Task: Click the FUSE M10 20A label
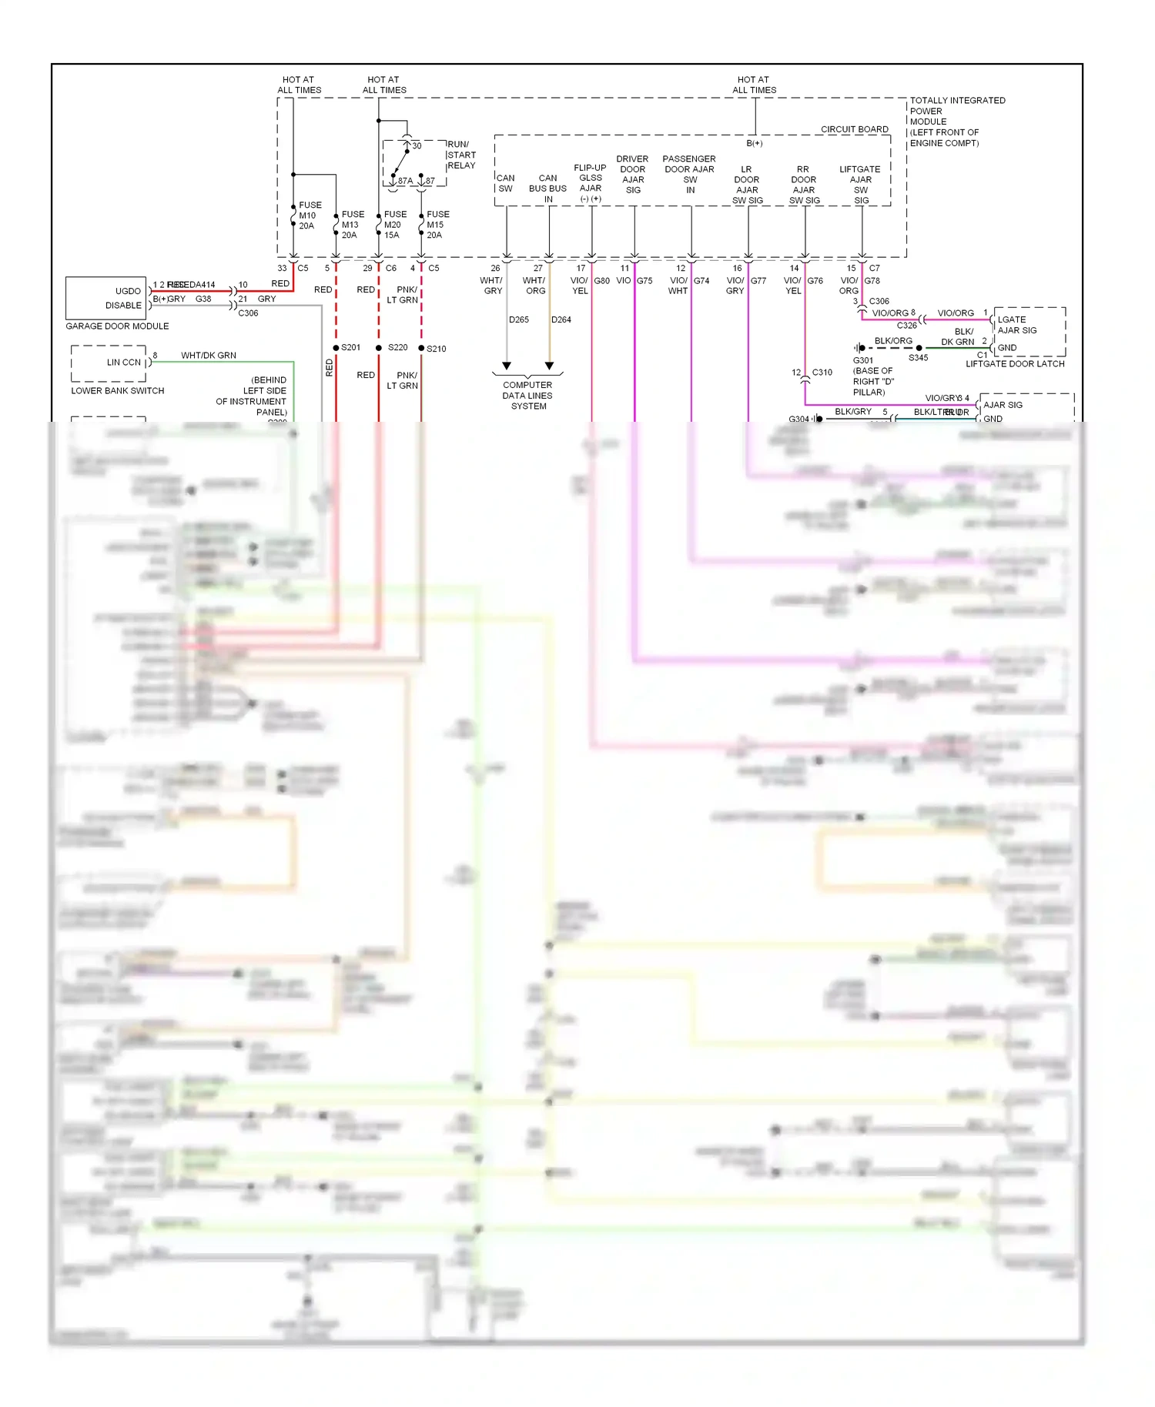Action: pyautogui.click(x=310, y=216)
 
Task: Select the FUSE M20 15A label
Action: pyautogui.click(x=394, y=225)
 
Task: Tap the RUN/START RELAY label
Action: pyautogui.click(x=460, y=155)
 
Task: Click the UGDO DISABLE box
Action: pyautogui.click(x=106, y=298)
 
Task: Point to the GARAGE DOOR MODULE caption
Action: pyautogui.click(x=117, y=326)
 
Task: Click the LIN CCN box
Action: pyautogui.click(x=109, y=363)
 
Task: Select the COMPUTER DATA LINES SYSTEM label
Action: pyautogui.click(x=527, y=396)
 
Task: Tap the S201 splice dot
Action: pyautogui.click(x=336, y=348)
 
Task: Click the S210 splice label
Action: pyautogui.click(x=436, y=349)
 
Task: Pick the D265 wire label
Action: pyautogui.click(x=518, y=319)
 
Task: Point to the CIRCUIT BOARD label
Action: pyautogui.click(x=854, y=129)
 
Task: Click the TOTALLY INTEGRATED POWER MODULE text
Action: pyautogui.click(x=956, y=122)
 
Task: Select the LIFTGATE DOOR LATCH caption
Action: pyautogui.click(x=1014, y=364)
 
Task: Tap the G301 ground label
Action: pyautogui.click(x=862, y=360)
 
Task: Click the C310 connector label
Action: pyautogui.click(x=822, y=373)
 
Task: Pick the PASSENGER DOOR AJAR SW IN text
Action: pyautogui.click(x=689, y=174)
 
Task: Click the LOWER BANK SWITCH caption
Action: pyautogui.click(x=117, y=391)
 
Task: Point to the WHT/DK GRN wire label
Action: pyautogui.click(x=208, y=356)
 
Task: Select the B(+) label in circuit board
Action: pyautogui.click(x=754, y=143)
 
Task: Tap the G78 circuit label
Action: pyautogui.click(x=872, y=281)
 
